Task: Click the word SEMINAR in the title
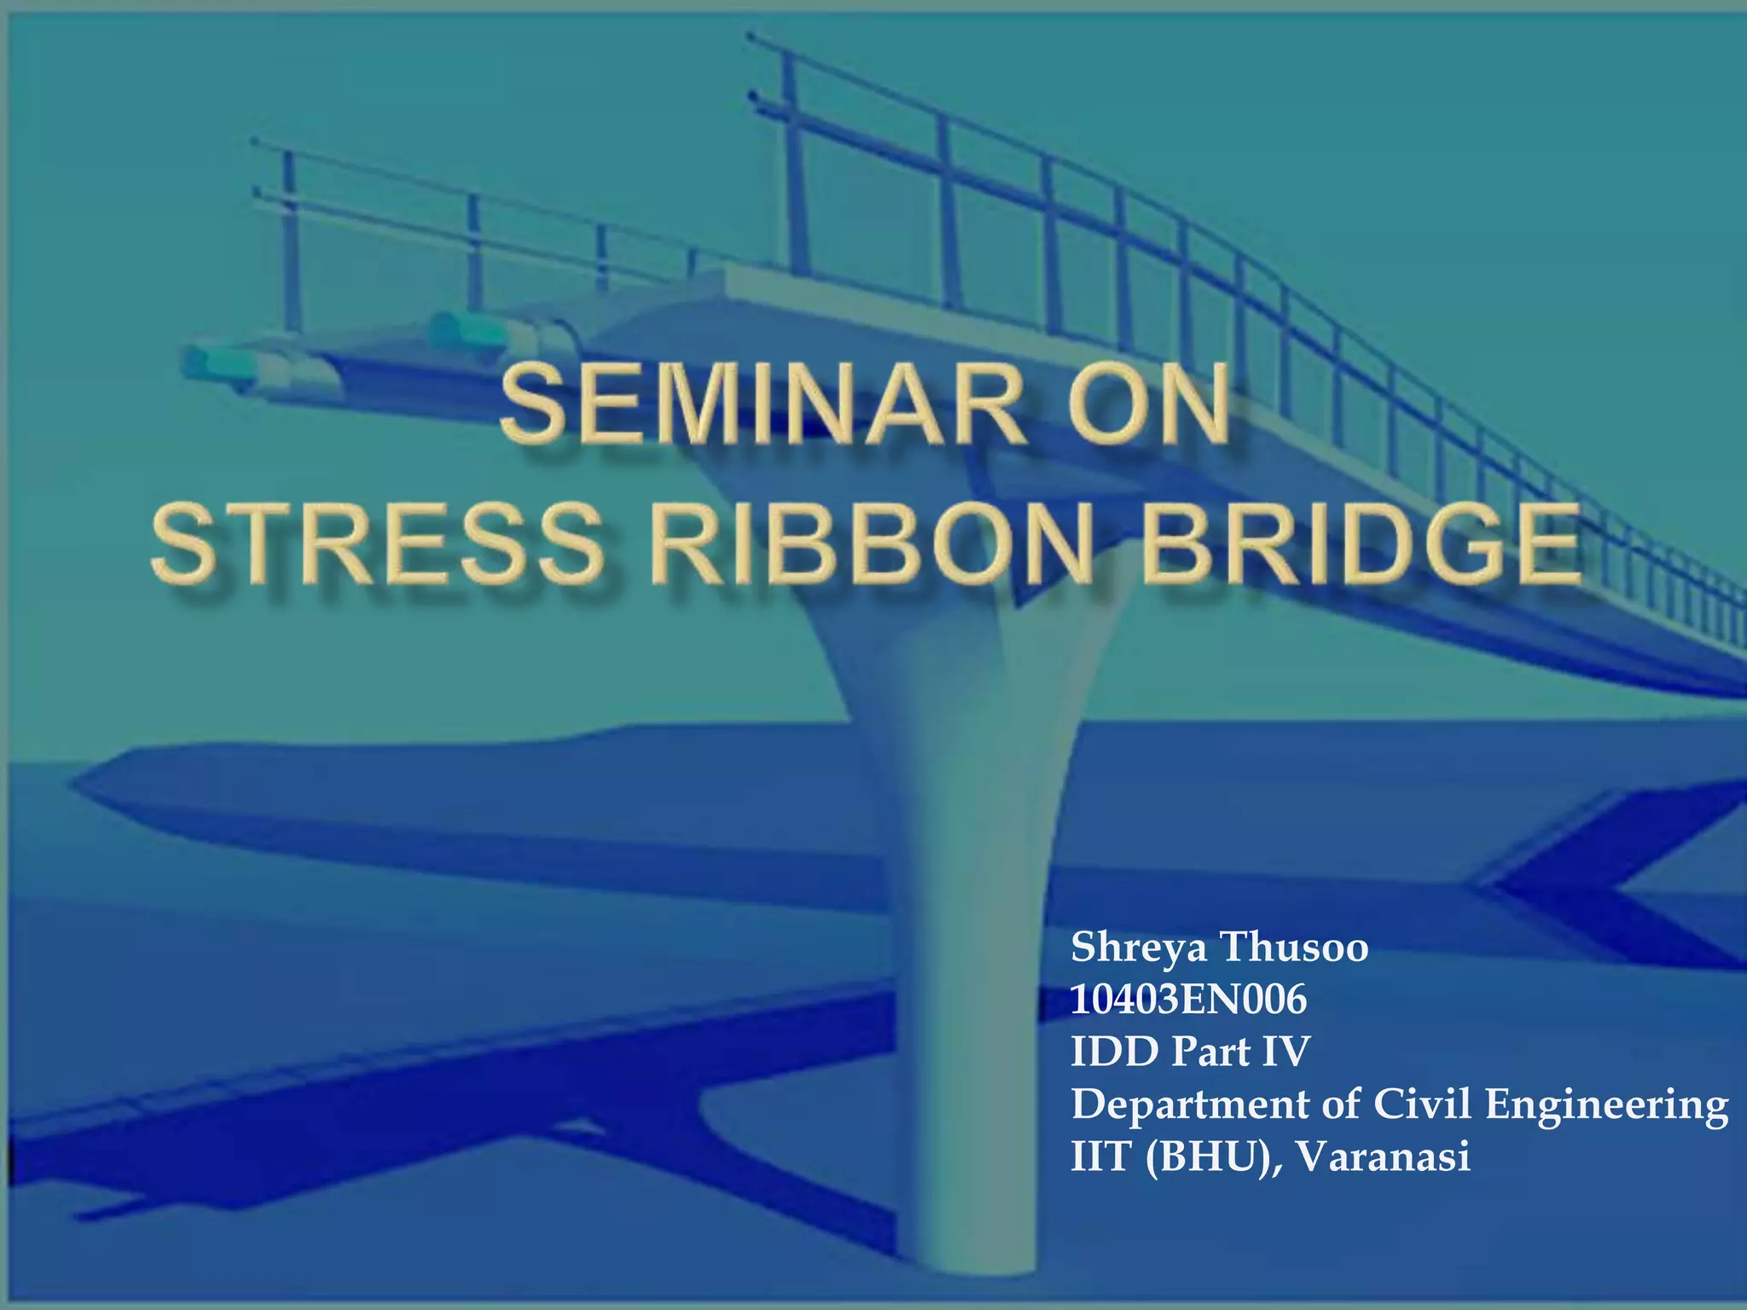[763, 405]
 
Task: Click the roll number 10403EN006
[1188, 1000]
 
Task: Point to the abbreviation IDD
[1114, 1052]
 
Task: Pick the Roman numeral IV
[1284, 1052]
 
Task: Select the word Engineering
[1607, 1106]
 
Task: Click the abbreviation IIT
[1101, 1157]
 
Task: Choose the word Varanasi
[1383, 1157]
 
